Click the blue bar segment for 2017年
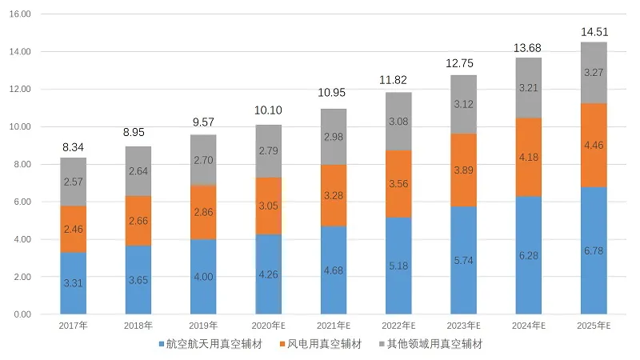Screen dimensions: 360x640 [73, 282]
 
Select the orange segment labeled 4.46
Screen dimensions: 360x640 [594, 146]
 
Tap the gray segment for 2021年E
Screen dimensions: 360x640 [334, 137]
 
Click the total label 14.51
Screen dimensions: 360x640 [594, 33]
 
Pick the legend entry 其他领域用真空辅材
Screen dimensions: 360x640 [434, 344]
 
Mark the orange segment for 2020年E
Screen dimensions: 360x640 [269, 206]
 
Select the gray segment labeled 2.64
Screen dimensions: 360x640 [138, 171]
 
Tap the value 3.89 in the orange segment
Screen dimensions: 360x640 [464, 170]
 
